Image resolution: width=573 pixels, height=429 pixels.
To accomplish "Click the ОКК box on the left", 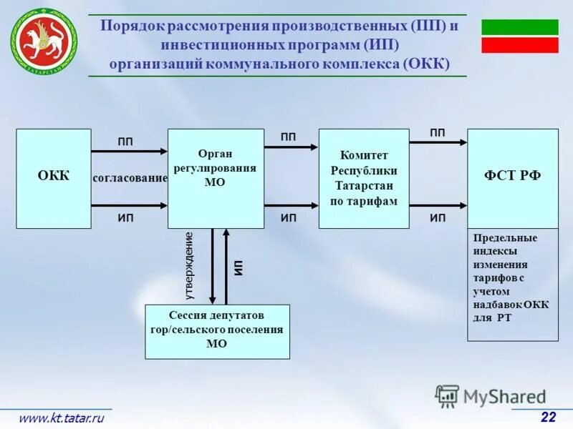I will pos(54,178).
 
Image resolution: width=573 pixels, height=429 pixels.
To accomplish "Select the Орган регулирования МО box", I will pos(216,178).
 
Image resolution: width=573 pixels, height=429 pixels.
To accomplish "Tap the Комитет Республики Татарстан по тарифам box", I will pos(363,178).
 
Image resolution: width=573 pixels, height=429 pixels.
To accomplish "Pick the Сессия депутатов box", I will pos(217,331).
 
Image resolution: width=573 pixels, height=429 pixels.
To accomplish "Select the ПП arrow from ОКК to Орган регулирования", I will pos(129,151).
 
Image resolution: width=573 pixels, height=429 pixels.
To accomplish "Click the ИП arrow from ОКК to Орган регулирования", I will pos(129,206).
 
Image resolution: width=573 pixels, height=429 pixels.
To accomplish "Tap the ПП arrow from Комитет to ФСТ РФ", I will pos(438,142).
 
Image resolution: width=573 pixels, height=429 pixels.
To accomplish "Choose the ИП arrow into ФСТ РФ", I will pos(438,206).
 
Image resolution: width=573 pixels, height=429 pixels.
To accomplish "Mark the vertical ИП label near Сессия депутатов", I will pos(239,268).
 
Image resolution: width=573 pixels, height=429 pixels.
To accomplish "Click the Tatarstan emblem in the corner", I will pos(43,39).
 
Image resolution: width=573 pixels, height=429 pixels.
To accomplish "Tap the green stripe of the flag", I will pos(519,27).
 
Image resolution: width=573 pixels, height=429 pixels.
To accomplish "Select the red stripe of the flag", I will pos(519,45).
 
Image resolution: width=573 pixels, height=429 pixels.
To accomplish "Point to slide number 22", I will pos(548,417).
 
